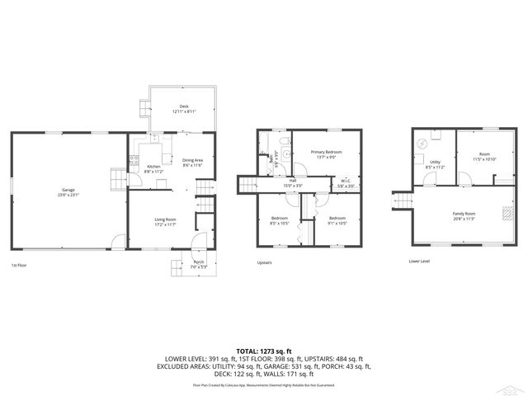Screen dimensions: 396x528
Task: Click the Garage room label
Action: (67, 191)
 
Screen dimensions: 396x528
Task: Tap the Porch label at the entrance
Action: (199, 262)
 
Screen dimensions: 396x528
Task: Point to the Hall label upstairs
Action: (293, 182)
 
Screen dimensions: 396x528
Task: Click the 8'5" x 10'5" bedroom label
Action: (280, 220)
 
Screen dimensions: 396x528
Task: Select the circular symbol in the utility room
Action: (422, 144)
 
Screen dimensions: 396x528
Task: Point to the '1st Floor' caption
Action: (21, 265)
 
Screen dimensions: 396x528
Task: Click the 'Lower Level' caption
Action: (419, 261)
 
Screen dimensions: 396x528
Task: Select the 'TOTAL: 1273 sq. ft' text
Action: (264, 351)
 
